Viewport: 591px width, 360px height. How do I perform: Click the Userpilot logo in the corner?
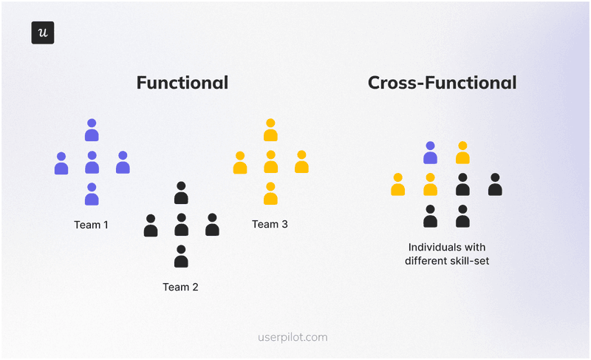click(x=43, y=33)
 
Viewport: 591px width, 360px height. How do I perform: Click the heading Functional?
click(x=182, y=82)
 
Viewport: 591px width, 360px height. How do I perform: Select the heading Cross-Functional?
click(x=442, y=82)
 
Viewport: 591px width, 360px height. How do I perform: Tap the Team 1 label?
click(x=92, y=225)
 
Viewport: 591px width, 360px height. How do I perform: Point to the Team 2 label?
click(x=180, y=287)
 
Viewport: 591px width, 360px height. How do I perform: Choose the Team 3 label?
click(x=270, y=224)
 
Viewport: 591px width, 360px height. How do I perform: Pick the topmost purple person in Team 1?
click(x=92, y=130)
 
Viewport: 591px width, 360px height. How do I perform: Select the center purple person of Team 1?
click(x=92, y=163)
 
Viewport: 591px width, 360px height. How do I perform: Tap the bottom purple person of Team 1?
click(x=92, y=194)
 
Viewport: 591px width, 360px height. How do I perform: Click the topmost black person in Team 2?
click(x=181, y=193)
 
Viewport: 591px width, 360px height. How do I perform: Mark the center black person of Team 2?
click(x=181, y=225)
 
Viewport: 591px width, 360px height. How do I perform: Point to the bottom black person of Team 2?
click(x=181, y=257)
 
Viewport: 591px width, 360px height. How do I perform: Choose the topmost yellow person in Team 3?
click(x=270, y=130)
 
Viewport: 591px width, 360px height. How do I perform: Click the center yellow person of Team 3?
click(x=270, y=162)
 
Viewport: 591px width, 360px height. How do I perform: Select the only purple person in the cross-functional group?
click(x=430, y=152)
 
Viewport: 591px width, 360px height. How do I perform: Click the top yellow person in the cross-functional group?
click(x=462, y=152)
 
